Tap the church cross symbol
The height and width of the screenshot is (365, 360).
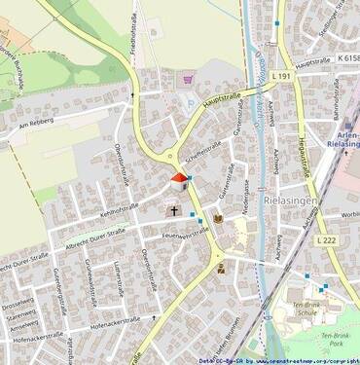click(x=175, y=209)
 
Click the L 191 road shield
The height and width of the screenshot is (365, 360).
click(x=281, y=75)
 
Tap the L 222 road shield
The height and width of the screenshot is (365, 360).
click(x=330, y=238)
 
